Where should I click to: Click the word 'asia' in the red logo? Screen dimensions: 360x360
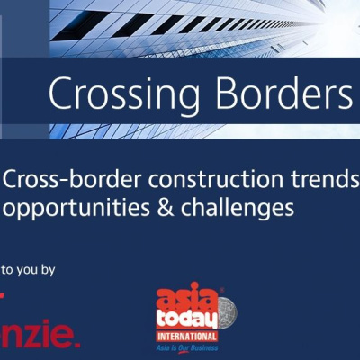pyautogui.click(x=175, y=300)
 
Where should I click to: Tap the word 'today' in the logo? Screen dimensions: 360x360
pyautogui.click(x=186, y=320)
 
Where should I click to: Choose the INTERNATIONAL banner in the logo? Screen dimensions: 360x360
pyautogui.click(x=186, y=337)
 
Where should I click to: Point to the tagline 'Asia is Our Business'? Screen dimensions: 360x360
pyautogui.click(x=186, y=348)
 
